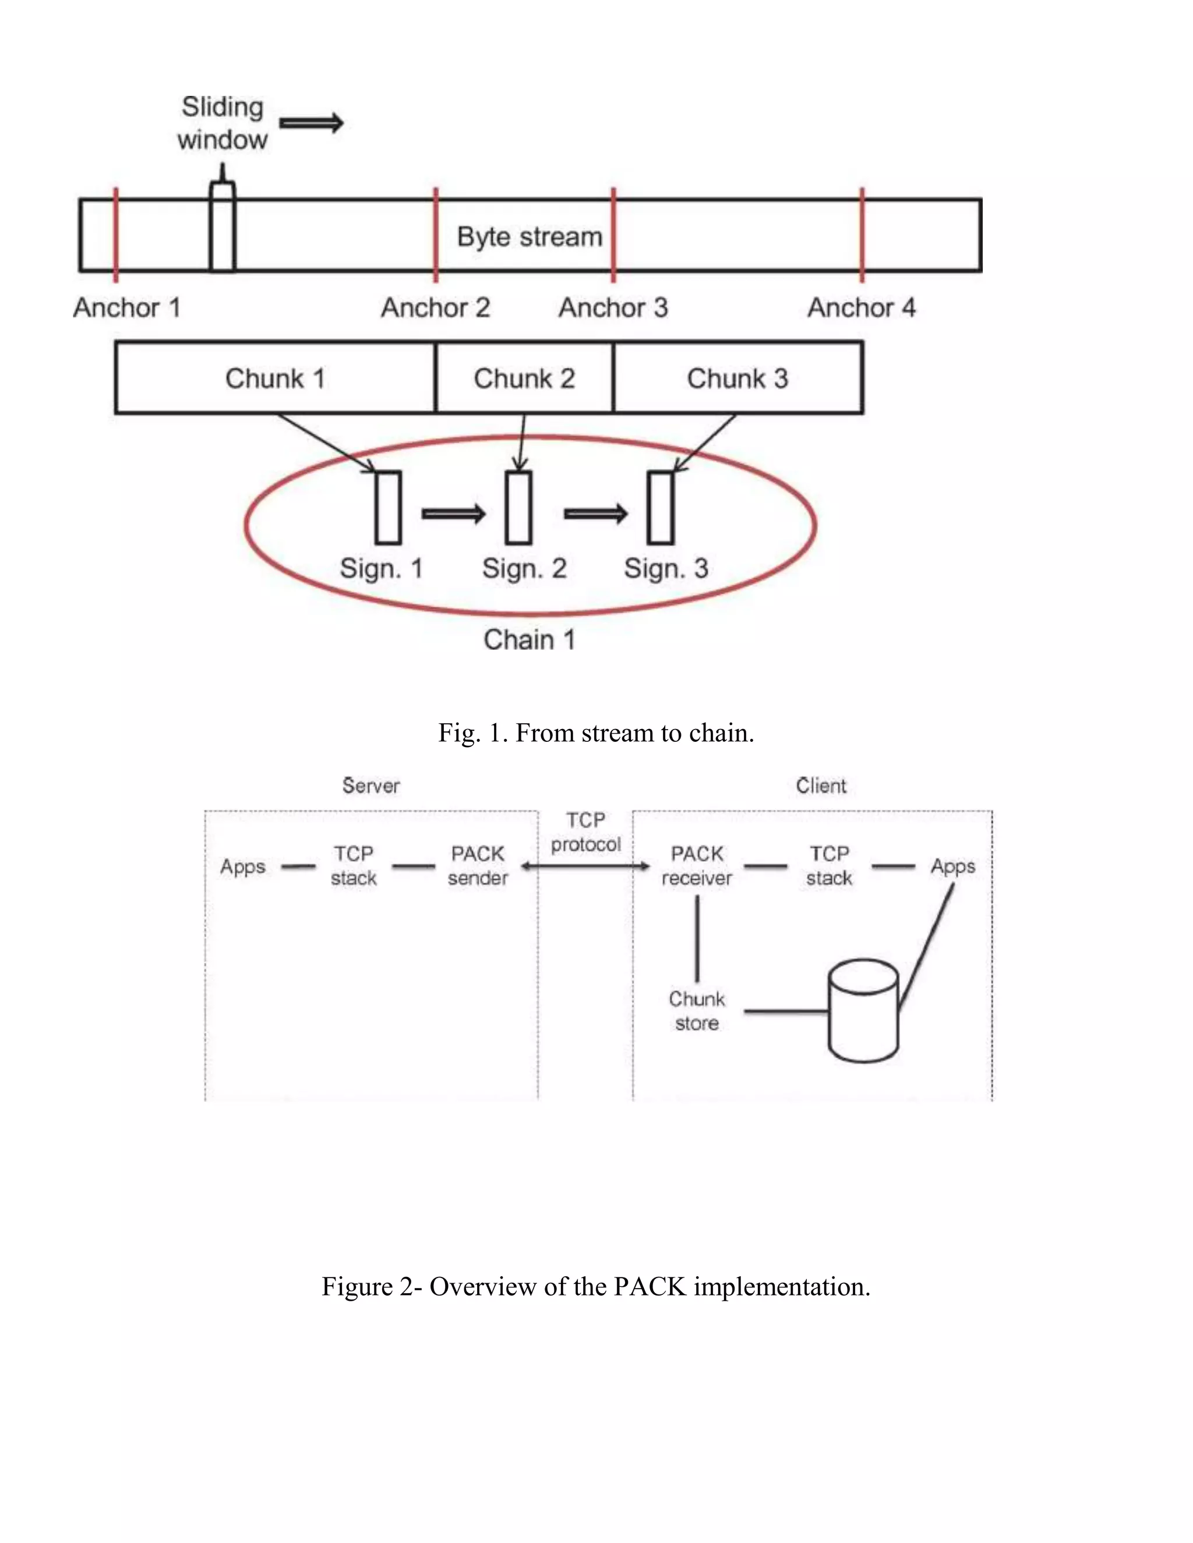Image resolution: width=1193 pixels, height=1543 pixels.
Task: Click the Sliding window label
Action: (223, 123)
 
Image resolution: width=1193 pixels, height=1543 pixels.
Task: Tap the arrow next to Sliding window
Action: (312, 123)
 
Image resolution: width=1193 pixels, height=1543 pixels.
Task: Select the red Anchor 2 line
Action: (436, 235)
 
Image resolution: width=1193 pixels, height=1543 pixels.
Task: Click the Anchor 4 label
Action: (861, 308)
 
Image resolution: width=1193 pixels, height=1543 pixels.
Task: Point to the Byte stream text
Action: (530, 236)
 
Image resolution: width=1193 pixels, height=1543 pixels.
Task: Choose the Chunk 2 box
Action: (524, 378)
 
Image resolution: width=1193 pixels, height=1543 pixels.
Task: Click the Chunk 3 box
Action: (737, 378)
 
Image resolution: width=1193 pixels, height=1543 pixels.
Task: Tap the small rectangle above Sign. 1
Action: (388, 507)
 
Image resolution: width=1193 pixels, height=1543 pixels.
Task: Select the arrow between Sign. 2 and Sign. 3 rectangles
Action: (595, 514)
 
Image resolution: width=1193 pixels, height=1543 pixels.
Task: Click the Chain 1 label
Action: (530, 640)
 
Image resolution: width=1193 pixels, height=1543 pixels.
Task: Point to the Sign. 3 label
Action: (666, 569)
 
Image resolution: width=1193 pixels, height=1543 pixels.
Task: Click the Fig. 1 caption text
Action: (596, 732)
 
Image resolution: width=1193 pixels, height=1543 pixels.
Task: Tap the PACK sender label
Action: (478, 865)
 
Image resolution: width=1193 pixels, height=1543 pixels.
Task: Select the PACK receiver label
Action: (697, 865)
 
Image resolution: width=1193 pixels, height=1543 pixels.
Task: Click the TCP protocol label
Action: (585, 831)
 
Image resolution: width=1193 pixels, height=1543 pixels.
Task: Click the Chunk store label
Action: (697, 1011)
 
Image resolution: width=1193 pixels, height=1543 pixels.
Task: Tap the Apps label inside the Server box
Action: (242, 867)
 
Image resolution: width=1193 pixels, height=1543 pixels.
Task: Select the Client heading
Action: (821, 785)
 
